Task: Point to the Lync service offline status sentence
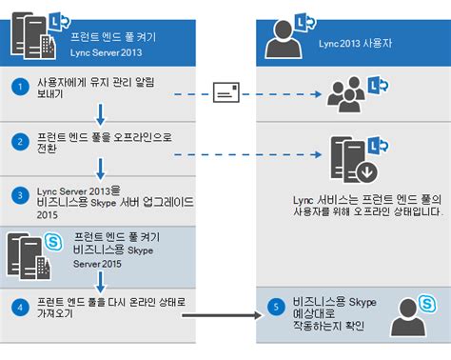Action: [365, 207]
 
